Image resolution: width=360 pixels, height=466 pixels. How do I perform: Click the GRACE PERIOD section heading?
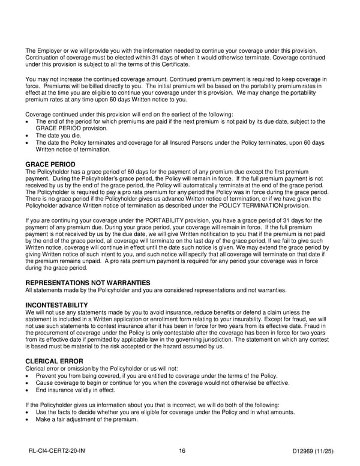[50, 165]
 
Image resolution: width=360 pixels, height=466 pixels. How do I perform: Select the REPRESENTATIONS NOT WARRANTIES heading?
[88, 283]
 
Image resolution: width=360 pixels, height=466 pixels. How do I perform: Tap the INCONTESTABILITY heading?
[57, 305]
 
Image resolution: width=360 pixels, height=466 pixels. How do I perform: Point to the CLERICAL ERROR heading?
[55, 361]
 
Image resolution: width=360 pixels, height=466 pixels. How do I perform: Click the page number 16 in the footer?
[182, 451]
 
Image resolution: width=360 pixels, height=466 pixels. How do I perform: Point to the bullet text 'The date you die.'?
[58, 136]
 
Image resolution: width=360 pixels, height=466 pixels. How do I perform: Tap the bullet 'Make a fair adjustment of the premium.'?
[87, 419]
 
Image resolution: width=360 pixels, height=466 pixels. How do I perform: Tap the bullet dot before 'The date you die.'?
[28, 136]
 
